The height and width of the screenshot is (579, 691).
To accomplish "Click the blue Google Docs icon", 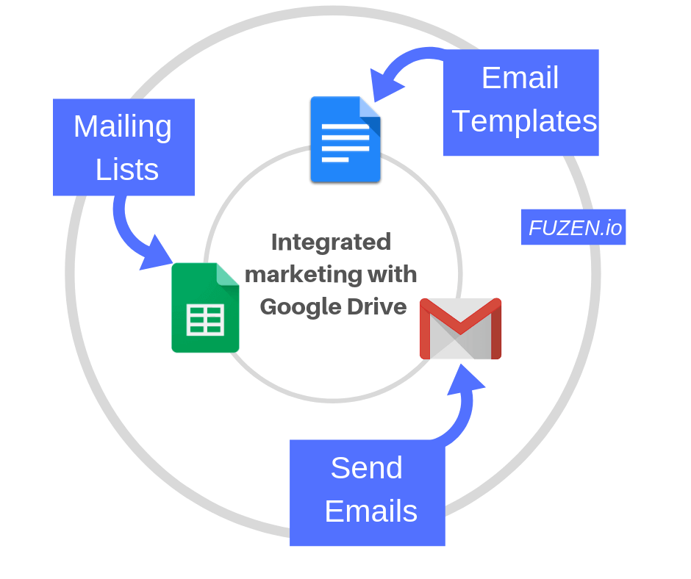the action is coord(345,140).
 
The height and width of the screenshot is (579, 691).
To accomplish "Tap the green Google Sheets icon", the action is coord(205,308).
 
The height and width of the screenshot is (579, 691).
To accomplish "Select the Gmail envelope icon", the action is coord(460,328).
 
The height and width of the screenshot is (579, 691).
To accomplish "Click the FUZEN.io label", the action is coord(573,227).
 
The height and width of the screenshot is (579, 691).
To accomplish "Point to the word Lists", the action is coord(127,169).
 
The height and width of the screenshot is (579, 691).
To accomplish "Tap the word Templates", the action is coord(524,122).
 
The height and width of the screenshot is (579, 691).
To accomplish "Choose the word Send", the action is coord(367,467).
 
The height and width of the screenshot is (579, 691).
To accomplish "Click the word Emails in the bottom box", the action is coord(371,511).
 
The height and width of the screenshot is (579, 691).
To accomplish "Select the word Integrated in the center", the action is coord(331,242).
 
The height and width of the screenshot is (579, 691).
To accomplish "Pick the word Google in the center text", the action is coord(301,307).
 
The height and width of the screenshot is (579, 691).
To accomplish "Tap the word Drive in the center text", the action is coord(377,306).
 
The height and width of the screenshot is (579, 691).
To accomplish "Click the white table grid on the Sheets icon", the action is coord(205,320).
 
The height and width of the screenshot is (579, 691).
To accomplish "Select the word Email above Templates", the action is coord(520,78).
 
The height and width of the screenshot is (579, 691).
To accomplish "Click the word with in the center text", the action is coord(393,274).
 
